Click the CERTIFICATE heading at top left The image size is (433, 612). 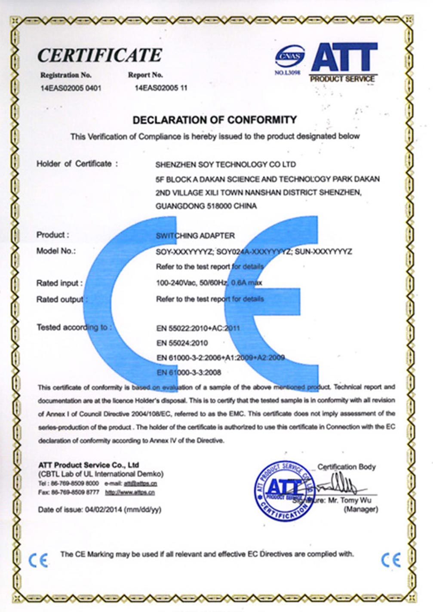[99, 55]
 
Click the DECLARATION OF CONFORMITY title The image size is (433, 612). [215, 120]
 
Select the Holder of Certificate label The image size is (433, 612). [77, 164]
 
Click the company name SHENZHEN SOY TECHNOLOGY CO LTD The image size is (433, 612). [225, 164]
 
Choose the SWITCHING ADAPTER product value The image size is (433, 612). [196, 236]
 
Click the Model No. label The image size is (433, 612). [56, 251]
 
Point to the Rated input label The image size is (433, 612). [59, 283]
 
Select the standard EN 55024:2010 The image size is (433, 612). [182, 343]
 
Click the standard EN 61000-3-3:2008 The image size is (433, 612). [189, 372]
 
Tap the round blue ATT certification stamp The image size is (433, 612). [284, 490]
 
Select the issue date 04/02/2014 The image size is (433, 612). [103, 510]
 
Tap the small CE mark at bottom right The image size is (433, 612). [391, 560]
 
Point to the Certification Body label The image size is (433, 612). [346, 467]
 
